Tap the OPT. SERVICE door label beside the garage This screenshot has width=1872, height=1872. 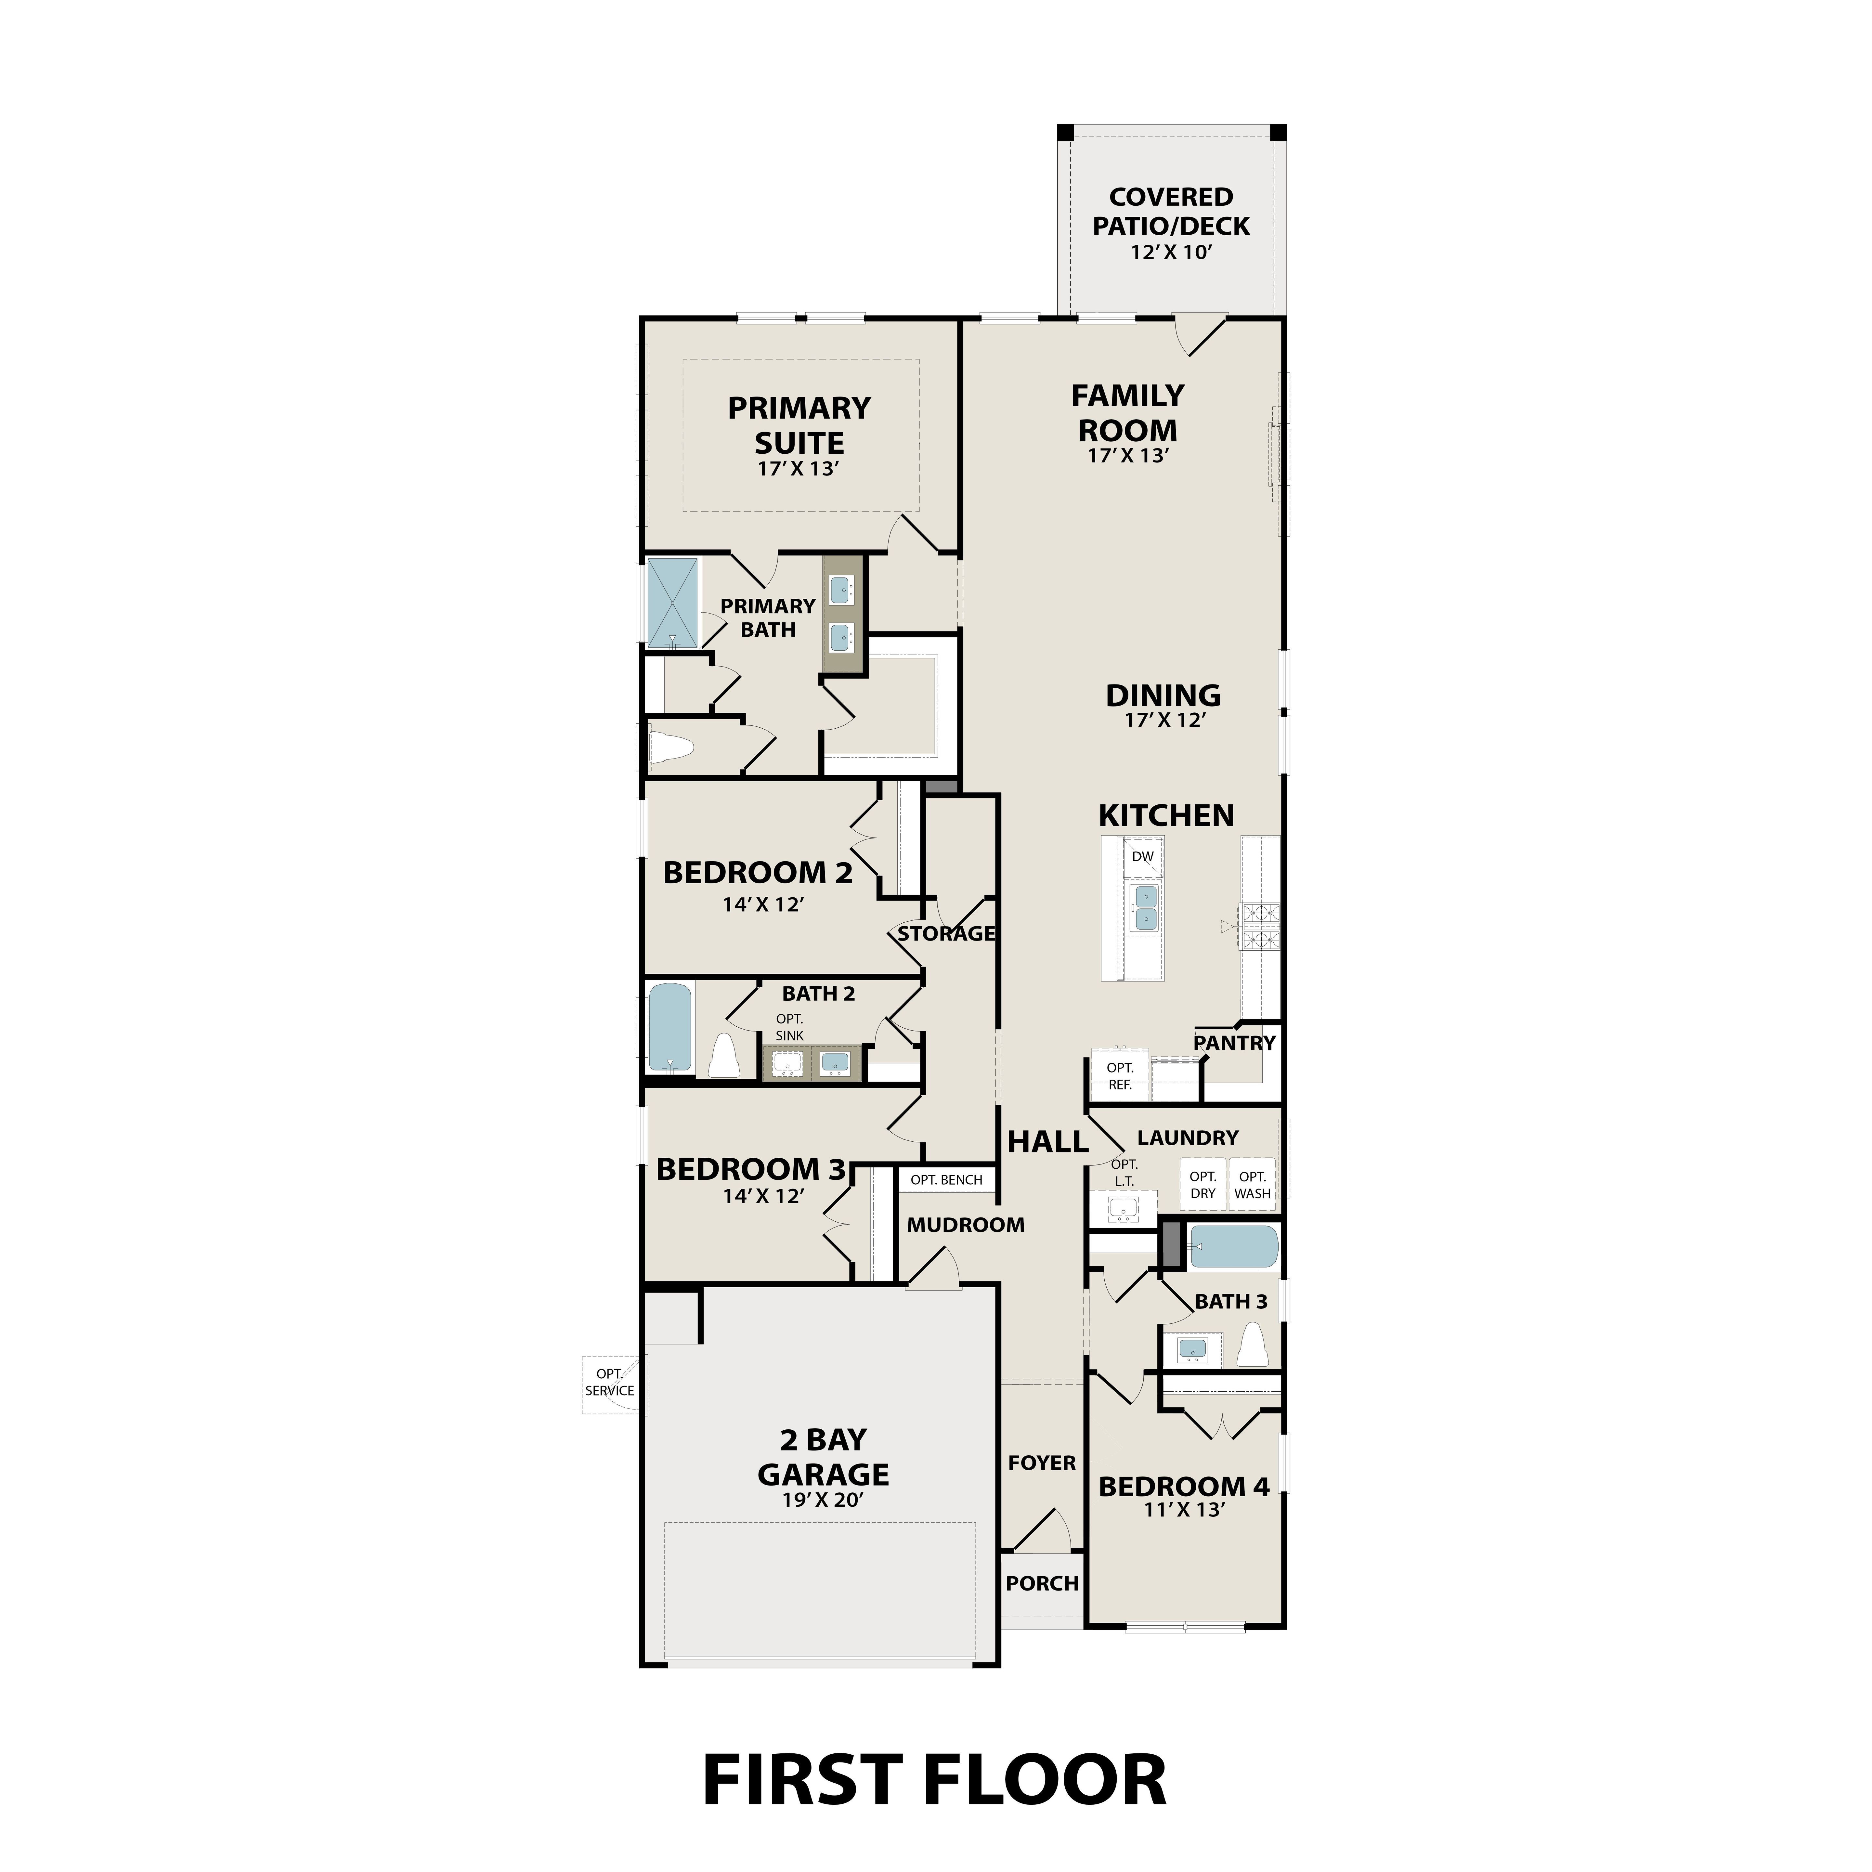(x=609, y=1383)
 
